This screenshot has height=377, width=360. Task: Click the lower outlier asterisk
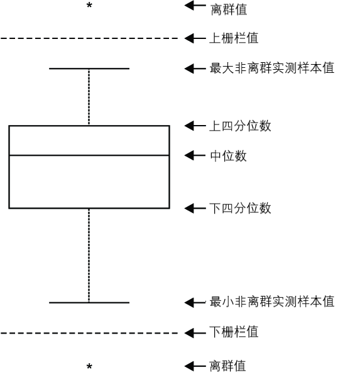[89, 366]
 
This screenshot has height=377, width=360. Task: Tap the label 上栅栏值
[233, 39]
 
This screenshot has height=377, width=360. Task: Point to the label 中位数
[228, 156]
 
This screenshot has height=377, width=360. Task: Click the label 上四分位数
[241, 126]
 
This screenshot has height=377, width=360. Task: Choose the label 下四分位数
[241, 208]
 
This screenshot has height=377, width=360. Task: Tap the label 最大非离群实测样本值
[271, 68]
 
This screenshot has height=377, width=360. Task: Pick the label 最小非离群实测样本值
[271, 302]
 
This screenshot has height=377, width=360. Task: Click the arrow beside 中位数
[195, 155]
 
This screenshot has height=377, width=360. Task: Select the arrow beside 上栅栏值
[195, 39]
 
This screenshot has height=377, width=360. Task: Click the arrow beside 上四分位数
[195, 126]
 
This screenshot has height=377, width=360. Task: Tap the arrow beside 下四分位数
[195, 207]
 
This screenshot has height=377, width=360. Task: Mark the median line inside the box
[89, 155]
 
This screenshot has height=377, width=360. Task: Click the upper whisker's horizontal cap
[89, 68]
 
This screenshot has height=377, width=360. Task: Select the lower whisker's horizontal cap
[89, 302]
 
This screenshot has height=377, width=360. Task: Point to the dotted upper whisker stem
[89, 97]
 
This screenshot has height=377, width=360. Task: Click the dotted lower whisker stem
[89, 254]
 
